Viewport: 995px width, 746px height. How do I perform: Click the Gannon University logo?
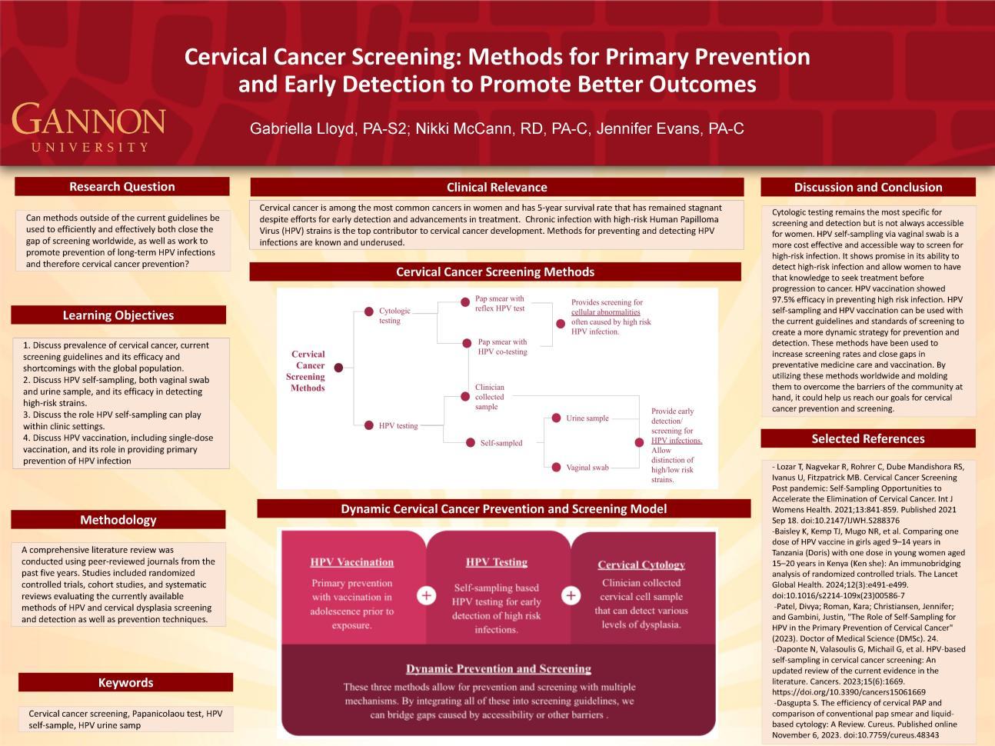(x=88, y=127)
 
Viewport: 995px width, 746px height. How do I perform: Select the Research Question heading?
(x=121, y=187)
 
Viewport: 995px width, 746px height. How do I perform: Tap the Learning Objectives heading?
(x=118, y=315)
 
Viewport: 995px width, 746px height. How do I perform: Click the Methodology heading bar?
(x=118, y=520)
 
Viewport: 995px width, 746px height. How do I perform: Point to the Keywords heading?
(x=125, y=683)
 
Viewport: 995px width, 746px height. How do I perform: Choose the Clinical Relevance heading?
(x=497, y=188)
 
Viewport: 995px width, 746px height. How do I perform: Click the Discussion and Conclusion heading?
(x=867, y=188)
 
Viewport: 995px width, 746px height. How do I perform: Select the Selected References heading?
(x=867, y=439)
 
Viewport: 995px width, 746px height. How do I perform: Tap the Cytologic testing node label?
(x=394, y=315)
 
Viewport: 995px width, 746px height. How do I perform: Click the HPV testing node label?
(x=398, y=425)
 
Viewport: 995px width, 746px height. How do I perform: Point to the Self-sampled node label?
(x=501, y=443)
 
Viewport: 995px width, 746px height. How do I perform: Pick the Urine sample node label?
(x=587, y=418)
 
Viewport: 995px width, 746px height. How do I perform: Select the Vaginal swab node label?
(x=587, y=468)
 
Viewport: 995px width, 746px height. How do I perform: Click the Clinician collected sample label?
(x=489, y=397)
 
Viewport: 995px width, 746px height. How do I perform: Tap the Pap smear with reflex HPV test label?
(x=499, y=303)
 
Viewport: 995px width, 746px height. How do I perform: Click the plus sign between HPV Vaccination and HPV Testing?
(x=426, y=595)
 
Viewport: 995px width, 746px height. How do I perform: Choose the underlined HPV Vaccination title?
(x=351, y=562)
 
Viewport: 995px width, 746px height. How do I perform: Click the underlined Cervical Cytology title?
(x=641, y=564)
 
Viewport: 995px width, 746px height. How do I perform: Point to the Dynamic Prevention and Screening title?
(x=498, y=669)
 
